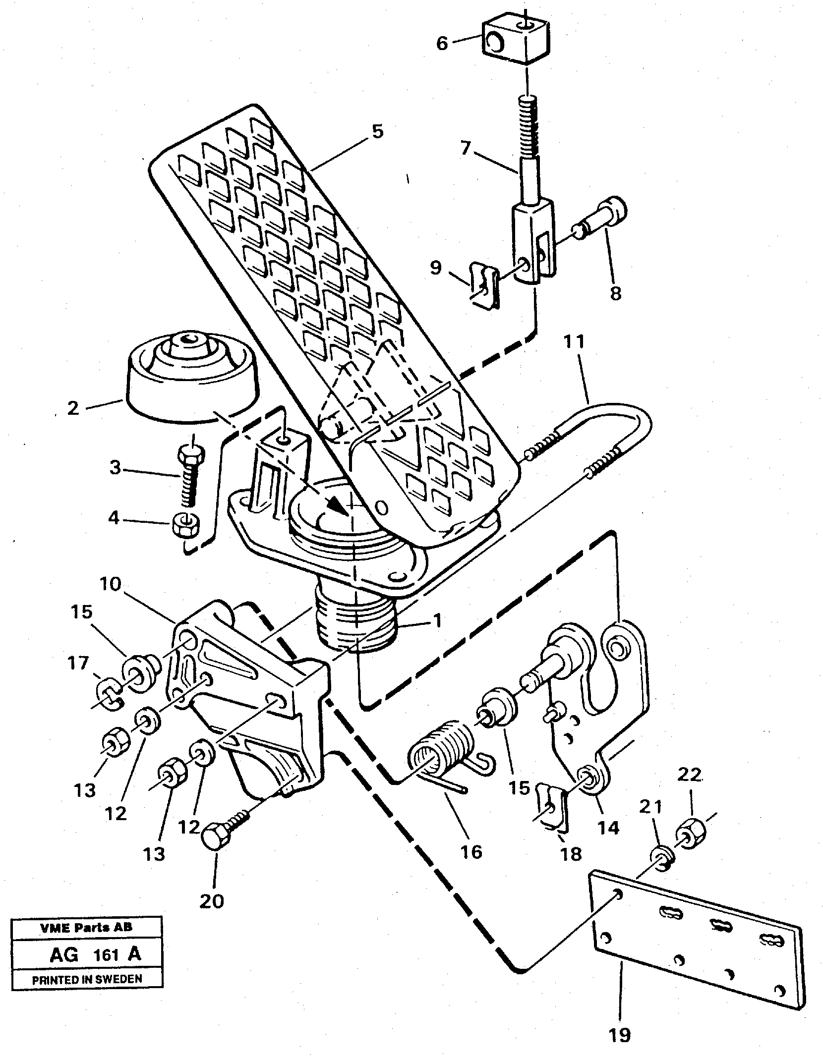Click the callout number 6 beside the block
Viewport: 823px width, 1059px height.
point(442,44)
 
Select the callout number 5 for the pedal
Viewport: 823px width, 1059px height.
point(377,132)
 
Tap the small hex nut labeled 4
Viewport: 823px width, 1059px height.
point(184,526)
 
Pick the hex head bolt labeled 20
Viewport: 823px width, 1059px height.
point(217,838)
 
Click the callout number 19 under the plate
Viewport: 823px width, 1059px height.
point(620,1034)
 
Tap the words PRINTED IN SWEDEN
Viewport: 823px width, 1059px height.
point(87,979)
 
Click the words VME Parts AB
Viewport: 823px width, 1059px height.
point(86,928)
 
